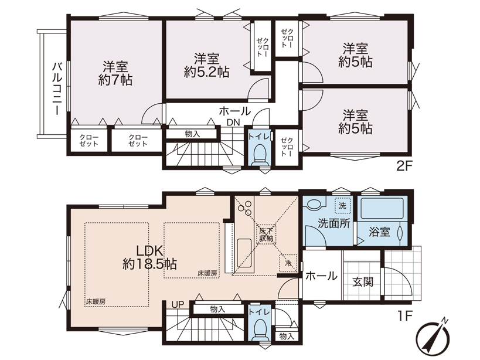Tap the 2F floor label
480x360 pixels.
tap(405, 167)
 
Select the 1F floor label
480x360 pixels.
tap(406, 315)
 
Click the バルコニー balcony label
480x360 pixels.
tap(56, 89)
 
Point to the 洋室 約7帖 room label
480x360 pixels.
tap(115, 73)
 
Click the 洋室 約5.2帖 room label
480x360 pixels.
tap(207, 66)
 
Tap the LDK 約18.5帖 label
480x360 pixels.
tap(149, 257)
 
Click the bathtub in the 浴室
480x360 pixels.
tap(382, 209)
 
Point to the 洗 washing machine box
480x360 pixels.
tap(342, 206)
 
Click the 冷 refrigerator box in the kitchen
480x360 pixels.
tap(288, 263)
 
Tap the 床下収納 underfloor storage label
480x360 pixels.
tap(266, 235)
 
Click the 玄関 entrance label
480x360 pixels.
tap(363, 281)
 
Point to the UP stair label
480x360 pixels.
tap(178, 304)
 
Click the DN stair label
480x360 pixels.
tap(233, 123)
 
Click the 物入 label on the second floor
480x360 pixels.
tap(192, 134)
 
